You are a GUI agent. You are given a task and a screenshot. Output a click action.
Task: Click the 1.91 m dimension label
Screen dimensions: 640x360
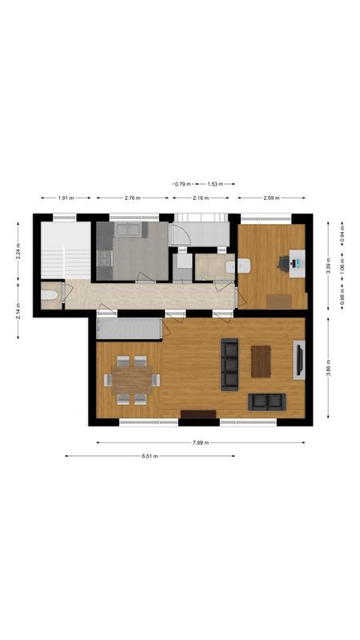click(66, 198)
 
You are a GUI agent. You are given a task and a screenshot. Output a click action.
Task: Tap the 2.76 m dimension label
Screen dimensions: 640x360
click(132, 198)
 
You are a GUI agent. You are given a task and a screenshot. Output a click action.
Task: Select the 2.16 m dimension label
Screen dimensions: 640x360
click(200, 198)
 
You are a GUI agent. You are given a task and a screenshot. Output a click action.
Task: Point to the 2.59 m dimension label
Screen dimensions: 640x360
click(272, 198)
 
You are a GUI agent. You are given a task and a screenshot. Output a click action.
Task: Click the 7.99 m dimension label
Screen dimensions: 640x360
click(201, 442)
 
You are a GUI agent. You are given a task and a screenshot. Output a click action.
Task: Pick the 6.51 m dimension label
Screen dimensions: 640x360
click(150, 456)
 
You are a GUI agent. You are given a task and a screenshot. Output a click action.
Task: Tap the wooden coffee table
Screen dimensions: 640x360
click(262, 360)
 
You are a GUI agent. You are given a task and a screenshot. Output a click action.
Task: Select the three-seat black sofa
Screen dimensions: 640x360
click(230, 364)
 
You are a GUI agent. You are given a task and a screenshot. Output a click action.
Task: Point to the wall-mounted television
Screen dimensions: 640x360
click(299, 359)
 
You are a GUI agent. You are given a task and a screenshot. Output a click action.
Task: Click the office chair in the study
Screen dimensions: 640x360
click(284, 262)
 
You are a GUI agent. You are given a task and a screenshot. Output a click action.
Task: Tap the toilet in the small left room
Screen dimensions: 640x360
click(50, 297)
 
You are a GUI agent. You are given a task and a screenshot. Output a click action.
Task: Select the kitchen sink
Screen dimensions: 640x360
click(130, 230)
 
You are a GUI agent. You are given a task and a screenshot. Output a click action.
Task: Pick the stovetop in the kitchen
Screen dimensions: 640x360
click(103, 258)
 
